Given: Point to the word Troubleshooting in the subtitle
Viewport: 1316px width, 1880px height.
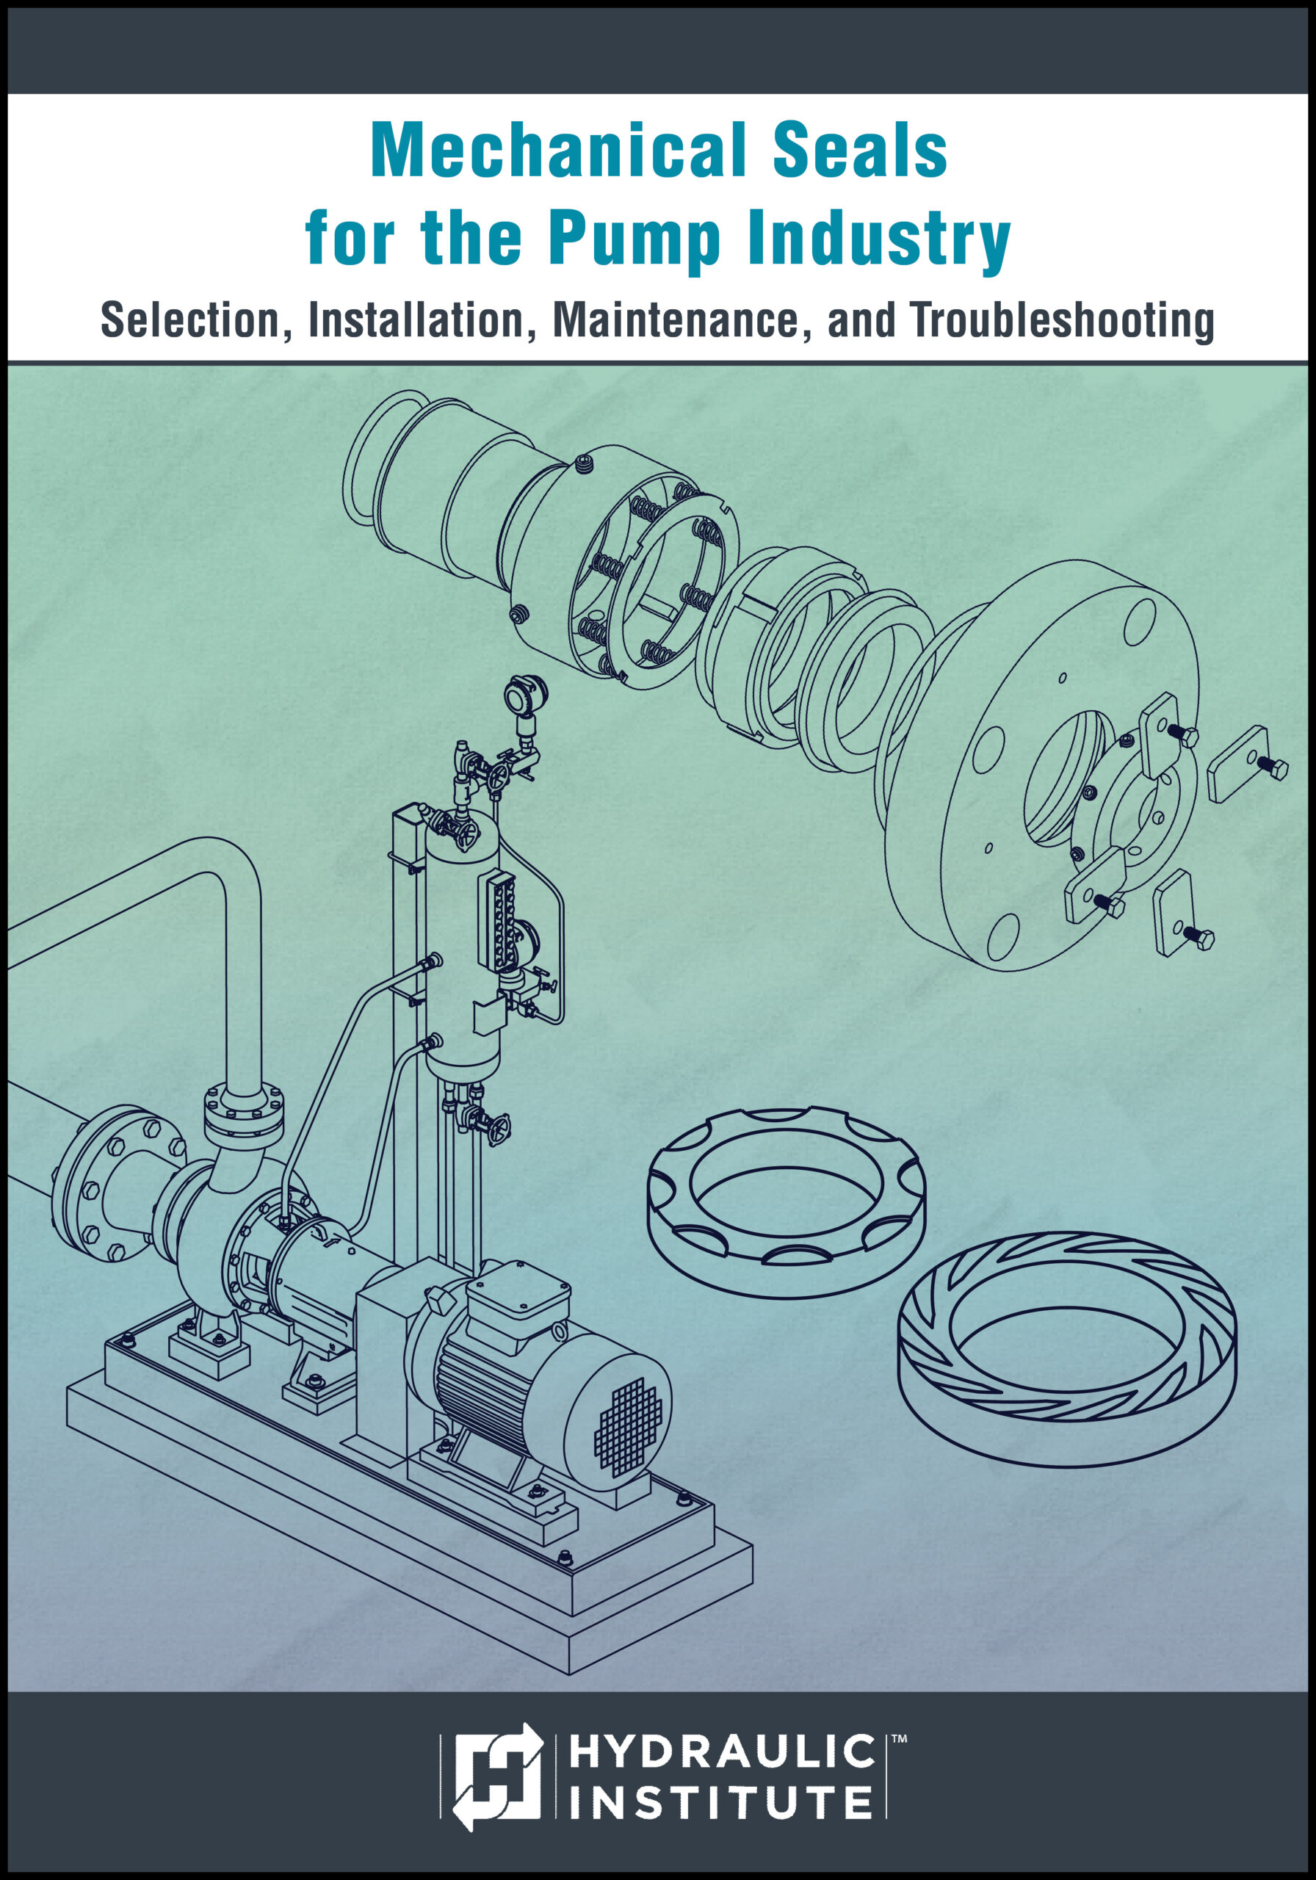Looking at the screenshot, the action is point(1062,320).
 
